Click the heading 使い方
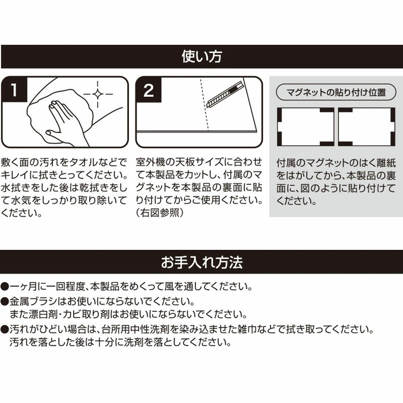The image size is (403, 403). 201,56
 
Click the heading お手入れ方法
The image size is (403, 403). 201,262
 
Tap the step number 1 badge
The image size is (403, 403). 14,90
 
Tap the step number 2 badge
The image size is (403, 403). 149,90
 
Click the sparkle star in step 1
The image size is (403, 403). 98,94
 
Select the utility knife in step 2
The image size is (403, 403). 225,95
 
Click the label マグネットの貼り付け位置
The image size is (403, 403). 336,92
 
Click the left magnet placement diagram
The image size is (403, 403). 305,127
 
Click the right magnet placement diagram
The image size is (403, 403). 367,127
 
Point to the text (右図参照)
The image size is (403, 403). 160,213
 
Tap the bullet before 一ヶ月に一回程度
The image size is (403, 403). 5,286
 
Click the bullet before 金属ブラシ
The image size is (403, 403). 5,302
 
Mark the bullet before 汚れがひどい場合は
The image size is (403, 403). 5,329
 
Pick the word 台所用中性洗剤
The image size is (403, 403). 135,329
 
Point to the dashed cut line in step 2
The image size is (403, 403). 204,105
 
